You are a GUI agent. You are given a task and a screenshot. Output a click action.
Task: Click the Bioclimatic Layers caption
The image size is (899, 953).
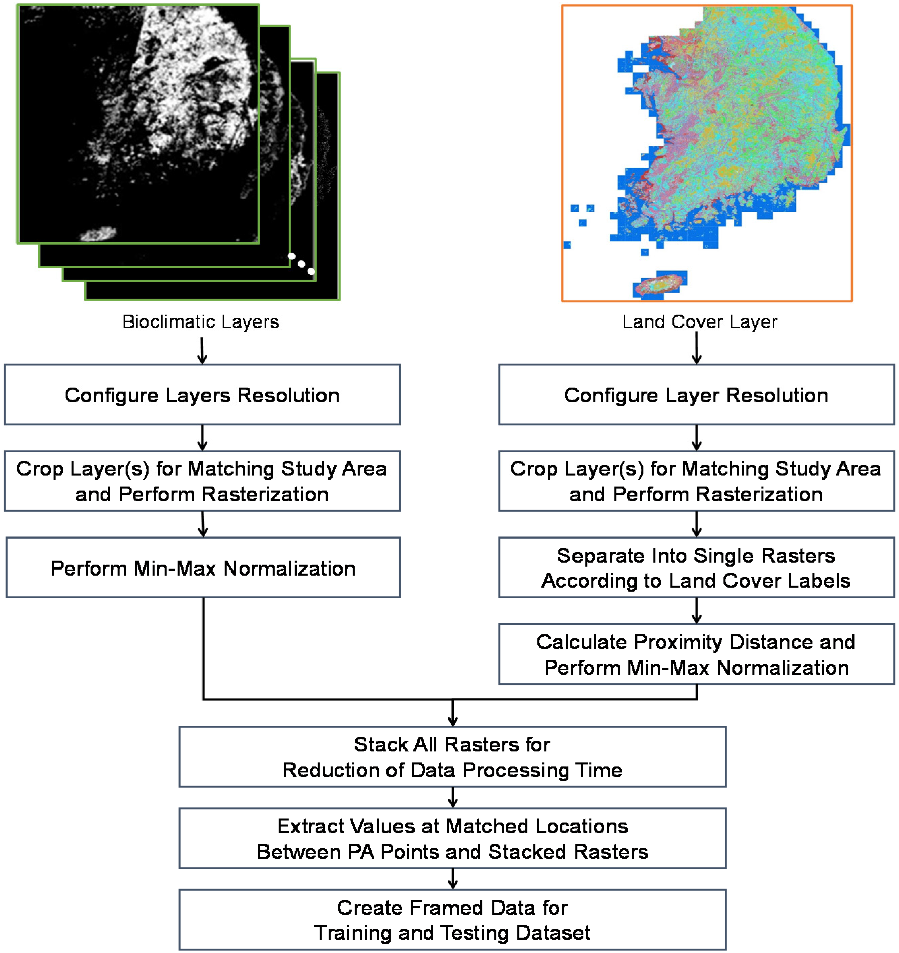click(200, 322)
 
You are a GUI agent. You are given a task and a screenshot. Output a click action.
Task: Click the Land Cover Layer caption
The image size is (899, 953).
click(699, 322)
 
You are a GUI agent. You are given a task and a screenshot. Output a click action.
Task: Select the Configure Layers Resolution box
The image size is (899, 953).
click(202, 395)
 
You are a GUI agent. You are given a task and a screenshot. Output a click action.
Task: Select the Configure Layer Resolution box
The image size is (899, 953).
click(696, 395)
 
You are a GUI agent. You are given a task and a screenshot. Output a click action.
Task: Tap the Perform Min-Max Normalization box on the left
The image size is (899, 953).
click(203, 568)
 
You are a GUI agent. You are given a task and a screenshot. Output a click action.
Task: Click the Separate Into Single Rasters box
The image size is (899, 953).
click(696, 568)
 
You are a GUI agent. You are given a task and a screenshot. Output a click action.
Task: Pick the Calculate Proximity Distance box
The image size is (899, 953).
click(696, 654)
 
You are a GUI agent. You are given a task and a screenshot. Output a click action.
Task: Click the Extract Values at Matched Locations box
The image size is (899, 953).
click(453, 839)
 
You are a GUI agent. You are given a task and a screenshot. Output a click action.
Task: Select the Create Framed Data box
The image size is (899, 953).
click(453, 920)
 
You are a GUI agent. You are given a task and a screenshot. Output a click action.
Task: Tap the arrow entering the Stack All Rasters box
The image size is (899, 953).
click(453, 714)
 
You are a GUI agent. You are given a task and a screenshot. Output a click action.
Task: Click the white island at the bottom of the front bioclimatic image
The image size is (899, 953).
click(98, 234)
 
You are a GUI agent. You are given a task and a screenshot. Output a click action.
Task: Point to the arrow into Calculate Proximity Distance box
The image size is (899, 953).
click(697, 611)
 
